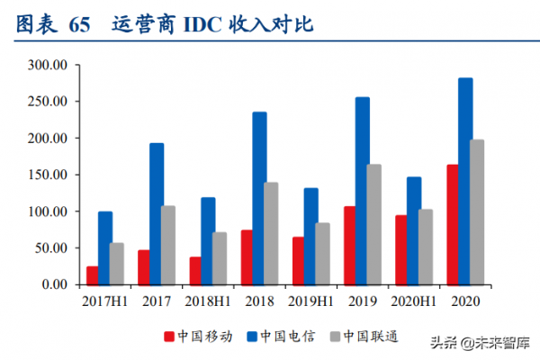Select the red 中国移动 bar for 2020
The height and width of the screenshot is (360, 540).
pos(427,224)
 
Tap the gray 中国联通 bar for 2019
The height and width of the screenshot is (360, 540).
pos(374,224)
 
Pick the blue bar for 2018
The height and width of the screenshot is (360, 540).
pos(259,198)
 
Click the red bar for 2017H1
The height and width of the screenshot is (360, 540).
pos(93,274)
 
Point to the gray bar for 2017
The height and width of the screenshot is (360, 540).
pos(168,245)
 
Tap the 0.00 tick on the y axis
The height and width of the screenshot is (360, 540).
pos(54,284)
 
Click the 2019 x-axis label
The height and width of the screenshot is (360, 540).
pos(363,301)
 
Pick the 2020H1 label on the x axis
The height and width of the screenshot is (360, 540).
pos(414,301)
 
